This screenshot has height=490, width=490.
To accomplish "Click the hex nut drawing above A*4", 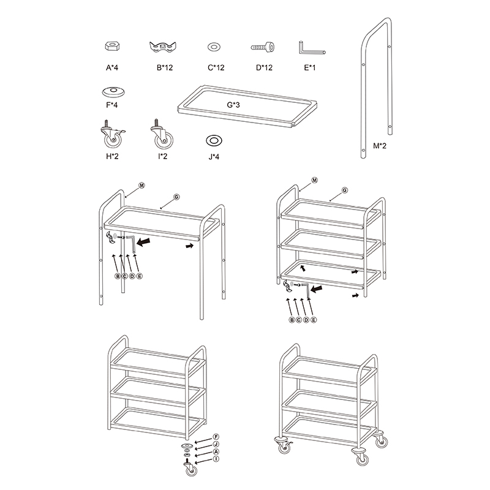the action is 113,47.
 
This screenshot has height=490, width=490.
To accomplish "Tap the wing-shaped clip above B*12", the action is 162,47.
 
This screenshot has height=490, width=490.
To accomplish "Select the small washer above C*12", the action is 214,47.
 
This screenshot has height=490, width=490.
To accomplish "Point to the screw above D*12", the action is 263,47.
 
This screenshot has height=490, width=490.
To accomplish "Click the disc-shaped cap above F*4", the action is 113,91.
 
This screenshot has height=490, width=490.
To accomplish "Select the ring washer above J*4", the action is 214,141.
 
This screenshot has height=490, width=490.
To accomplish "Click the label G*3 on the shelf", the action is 233,105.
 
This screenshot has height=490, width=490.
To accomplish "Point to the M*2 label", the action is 380,146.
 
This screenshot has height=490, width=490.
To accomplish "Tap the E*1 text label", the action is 310,67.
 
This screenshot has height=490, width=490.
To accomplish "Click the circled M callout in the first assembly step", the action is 142,186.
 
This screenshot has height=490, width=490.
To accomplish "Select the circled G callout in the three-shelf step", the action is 345,190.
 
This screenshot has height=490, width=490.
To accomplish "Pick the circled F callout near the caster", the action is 216,437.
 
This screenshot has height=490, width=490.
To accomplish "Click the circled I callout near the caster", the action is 216,459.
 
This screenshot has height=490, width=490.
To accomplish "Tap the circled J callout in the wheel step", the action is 216,444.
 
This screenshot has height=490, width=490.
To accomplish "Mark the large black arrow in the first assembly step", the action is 143,242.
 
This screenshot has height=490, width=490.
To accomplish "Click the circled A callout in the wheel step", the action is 216,451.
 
